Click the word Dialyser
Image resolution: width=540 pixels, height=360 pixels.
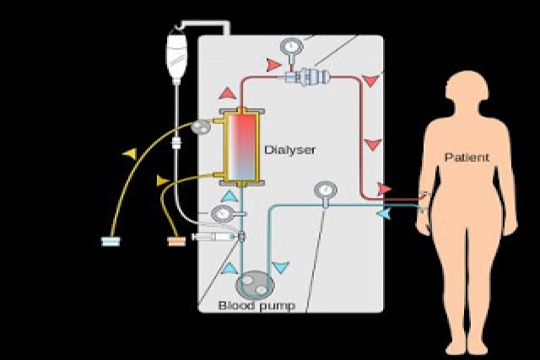tap(289, 151)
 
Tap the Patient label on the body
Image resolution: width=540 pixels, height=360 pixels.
tap(467, 158)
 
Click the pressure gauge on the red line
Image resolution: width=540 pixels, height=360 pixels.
tap(292, 46)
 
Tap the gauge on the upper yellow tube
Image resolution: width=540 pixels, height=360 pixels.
tap(201, 127)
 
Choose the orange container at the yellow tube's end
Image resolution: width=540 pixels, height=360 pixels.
tap(176, 242)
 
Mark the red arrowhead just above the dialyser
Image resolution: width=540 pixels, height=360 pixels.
tap(229, 93)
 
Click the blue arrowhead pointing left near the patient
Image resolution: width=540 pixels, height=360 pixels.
tap(384, 215)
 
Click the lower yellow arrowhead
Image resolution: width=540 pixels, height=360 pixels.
tap(163, 180)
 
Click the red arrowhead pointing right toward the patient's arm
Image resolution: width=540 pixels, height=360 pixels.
tap(385, 188)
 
